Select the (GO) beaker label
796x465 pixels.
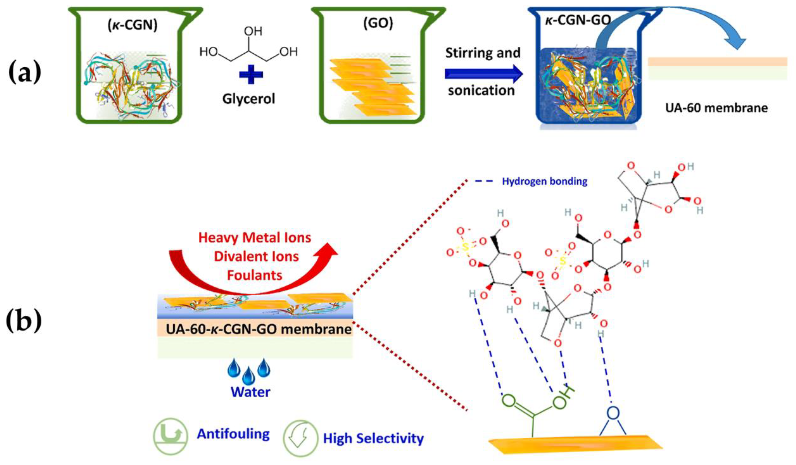click(378, 23)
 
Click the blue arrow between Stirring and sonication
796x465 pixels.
click(483, 74)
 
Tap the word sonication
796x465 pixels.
click(481, 91)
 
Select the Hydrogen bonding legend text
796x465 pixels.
click(545, 181)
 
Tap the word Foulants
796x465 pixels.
click(255, 275)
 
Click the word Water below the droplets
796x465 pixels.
click(251, 392)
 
